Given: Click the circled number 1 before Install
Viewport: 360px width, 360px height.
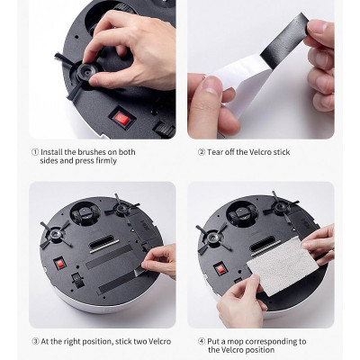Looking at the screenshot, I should tap(34, 152).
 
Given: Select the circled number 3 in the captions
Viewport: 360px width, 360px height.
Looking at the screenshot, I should tap(34, 341).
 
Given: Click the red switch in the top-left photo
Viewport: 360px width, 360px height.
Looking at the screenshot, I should tap(118, 117).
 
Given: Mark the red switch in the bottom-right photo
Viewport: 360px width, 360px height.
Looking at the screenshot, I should tap(220, 267).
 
